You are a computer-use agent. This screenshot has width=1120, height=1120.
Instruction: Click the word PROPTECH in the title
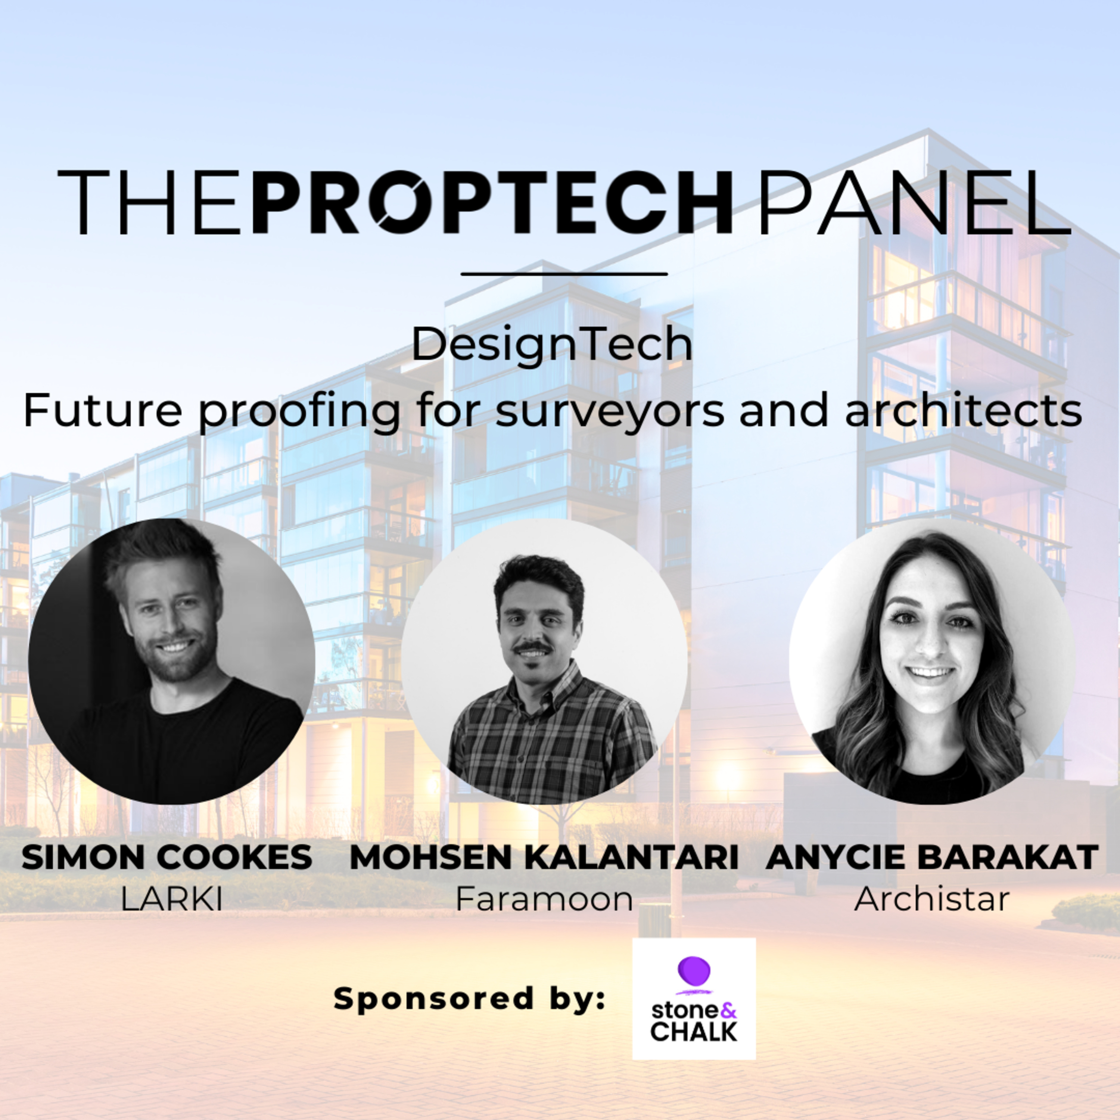[492, 202]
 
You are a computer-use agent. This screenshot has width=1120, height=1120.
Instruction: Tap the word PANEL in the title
[915, 202]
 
